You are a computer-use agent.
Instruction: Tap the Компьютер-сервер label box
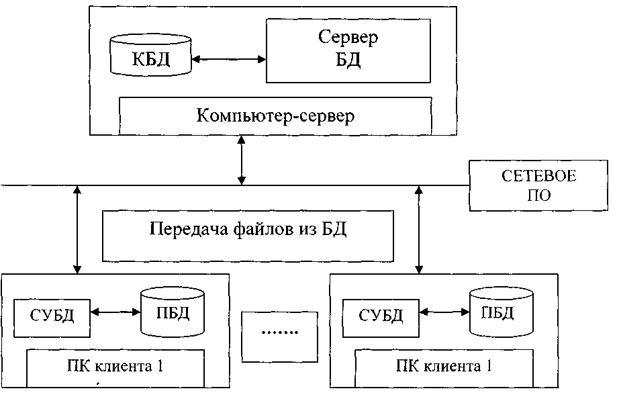[275, 116]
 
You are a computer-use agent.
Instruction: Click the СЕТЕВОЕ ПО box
[539, 185]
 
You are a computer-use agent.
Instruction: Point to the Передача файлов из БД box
[247, 235]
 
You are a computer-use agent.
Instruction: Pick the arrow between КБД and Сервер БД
[228, 60]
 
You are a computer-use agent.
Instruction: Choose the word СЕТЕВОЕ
[539, 177]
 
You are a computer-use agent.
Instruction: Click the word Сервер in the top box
[348, 37]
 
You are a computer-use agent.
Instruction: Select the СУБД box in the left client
[52, 315]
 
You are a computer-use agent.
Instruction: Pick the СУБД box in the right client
[381, 315]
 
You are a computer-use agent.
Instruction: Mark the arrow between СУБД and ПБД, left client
[115, 312]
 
